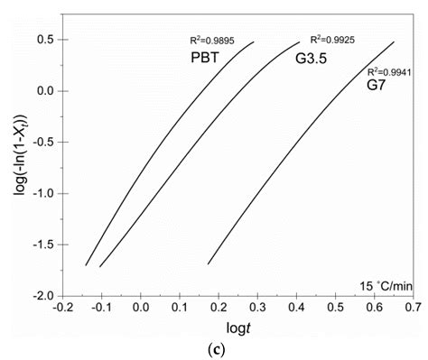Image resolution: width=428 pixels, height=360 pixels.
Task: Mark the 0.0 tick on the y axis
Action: tap(45, 91)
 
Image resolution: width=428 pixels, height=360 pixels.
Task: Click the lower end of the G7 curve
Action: tap(209, 263)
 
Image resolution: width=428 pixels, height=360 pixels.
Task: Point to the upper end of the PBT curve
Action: tap(254, 42)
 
